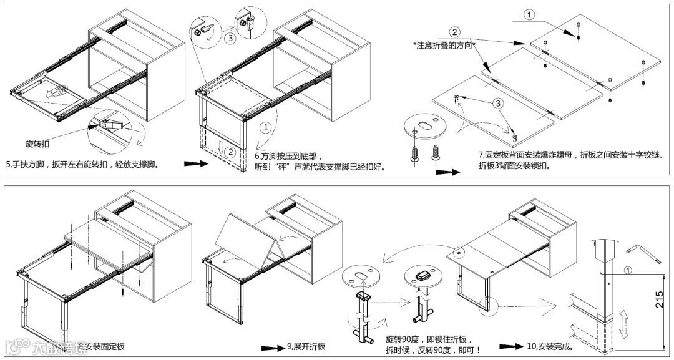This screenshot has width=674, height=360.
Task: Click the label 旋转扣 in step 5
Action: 38,144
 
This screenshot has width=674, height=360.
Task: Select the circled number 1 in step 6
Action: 266,127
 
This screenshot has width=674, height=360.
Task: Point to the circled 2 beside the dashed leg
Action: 230,151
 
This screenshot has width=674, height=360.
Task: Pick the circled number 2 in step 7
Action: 455,32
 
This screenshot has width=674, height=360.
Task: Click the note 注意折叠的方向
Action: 444,46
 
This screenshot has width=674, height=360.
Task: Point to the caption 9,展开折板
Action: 306,346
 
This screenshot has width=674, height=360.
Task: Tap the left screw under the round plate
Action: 414,152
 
